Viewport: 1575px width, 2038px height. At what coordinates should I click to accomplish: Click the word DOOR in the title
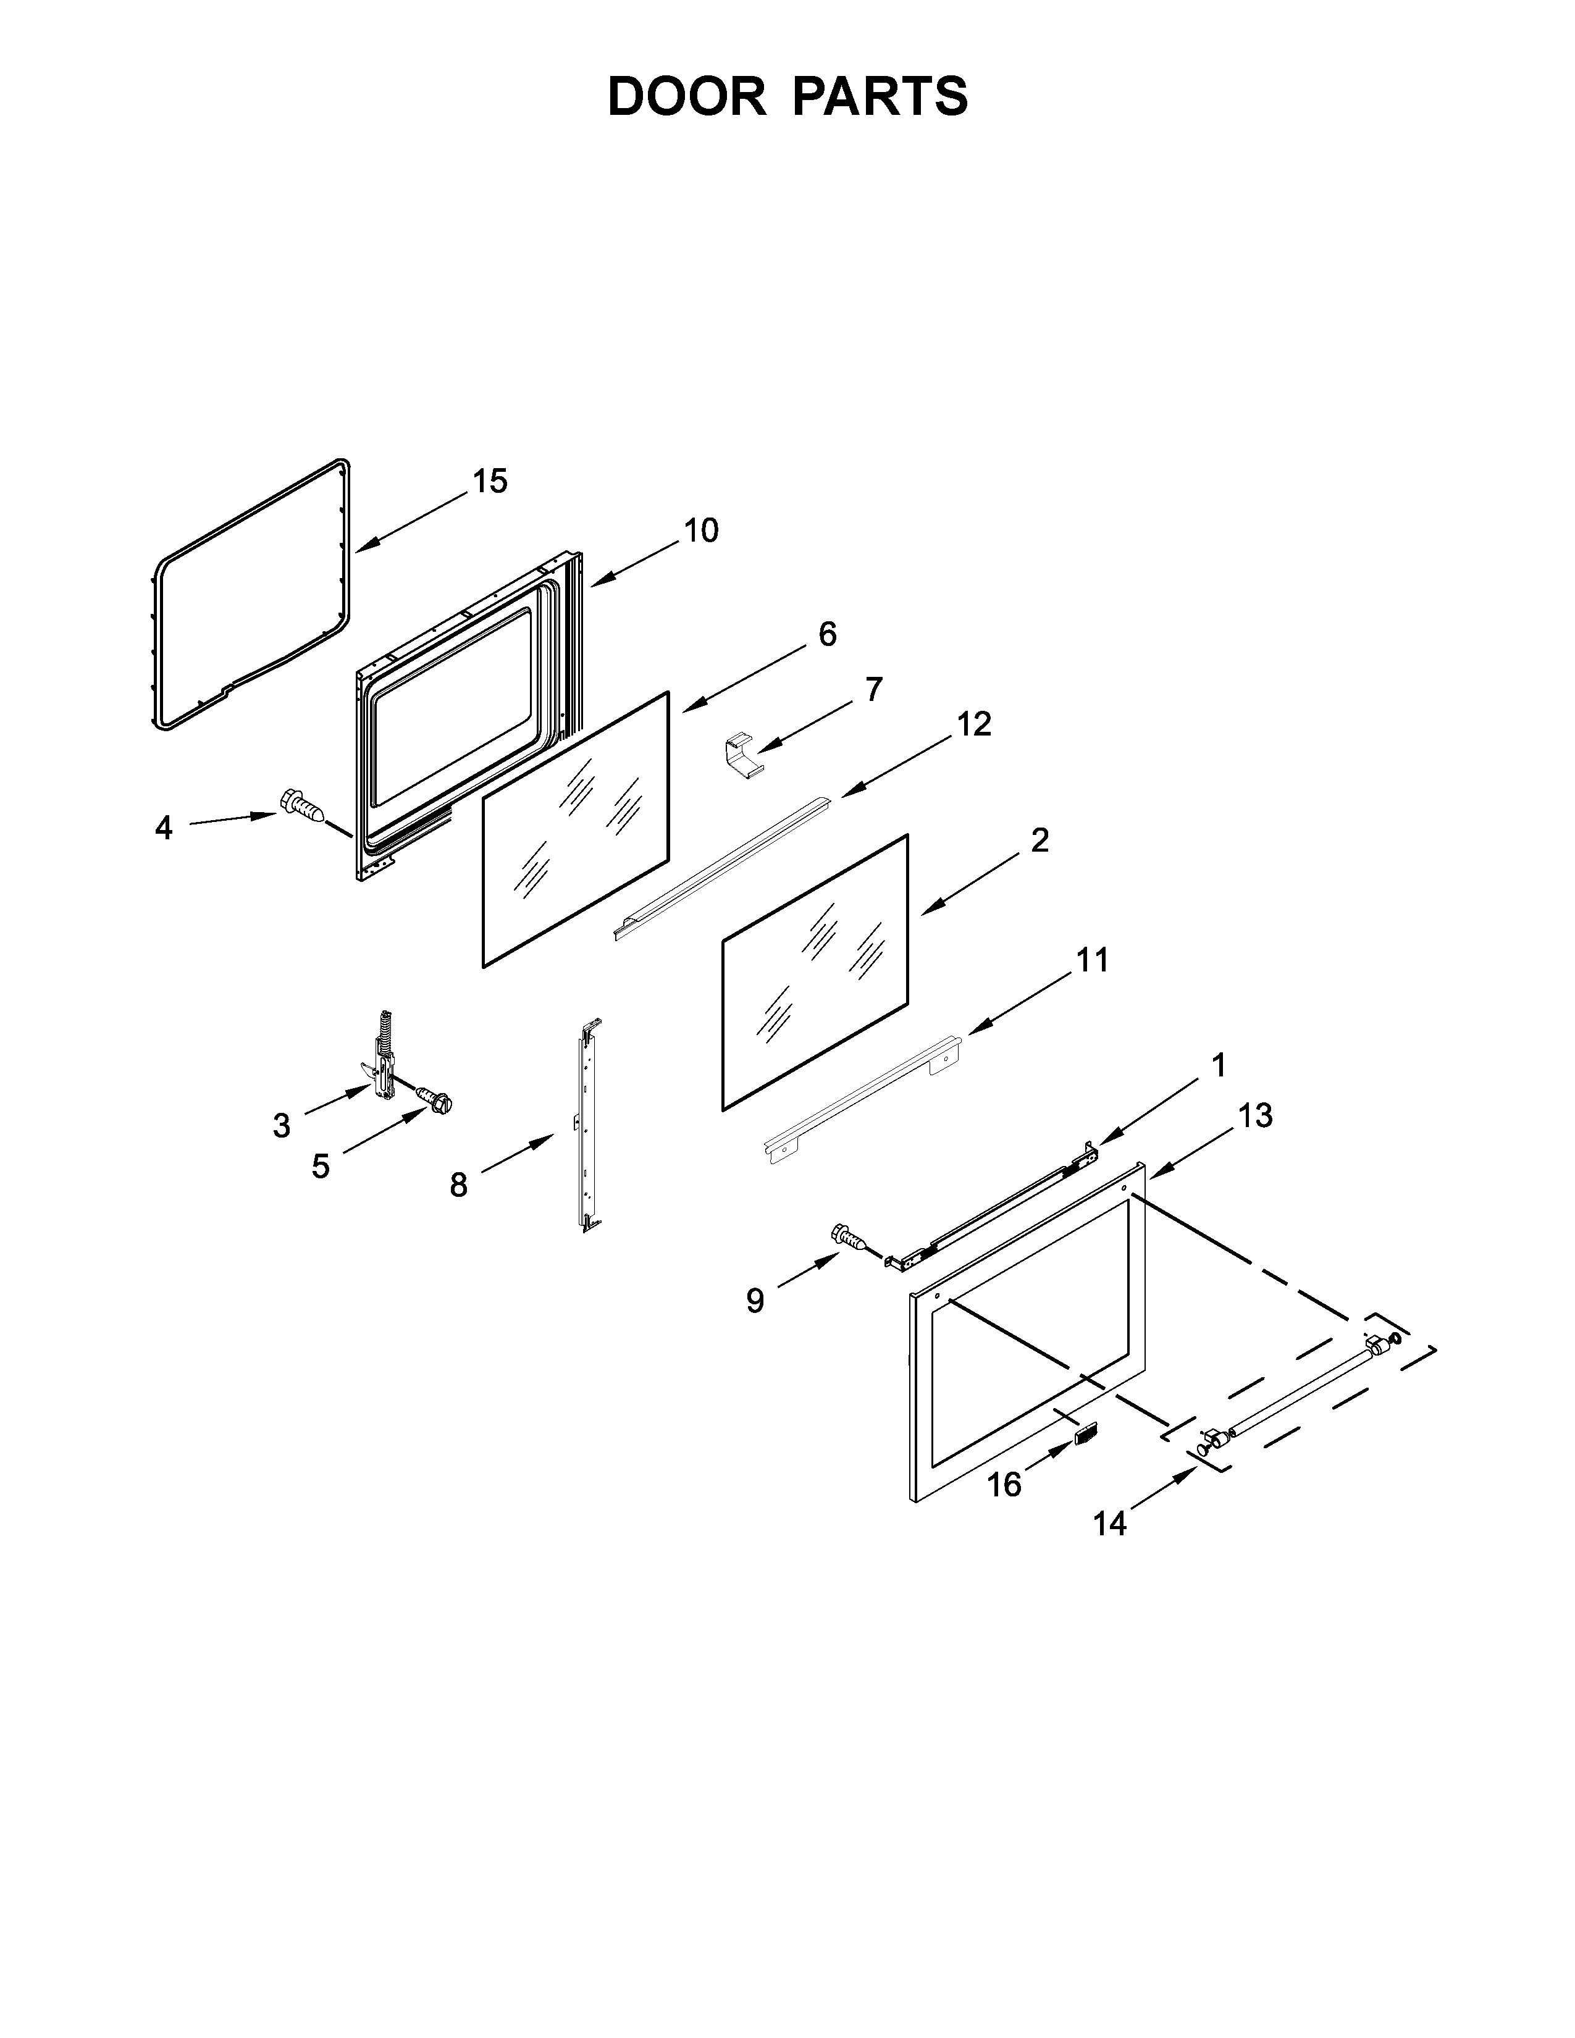coord(687,96)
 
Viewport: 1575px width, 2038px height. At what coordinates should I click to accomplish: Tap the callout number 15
coord(490,482)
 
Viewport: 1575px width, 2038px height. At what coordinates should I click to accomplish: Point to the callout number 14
coord(1109,1524)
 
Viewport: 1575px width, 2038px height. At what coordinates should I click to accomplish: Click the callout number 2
coord(1040,840)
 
